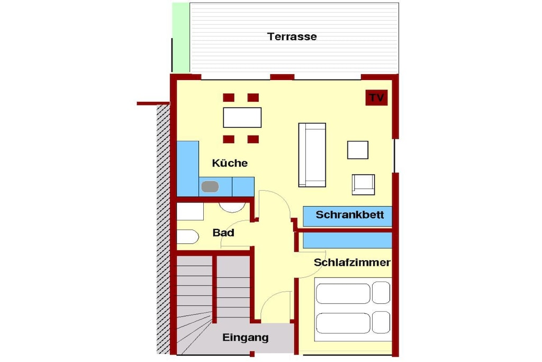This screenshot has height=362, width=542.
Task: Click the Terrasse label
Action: [292, 37]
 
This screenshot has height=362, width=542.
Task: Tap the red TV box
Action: [376, 98]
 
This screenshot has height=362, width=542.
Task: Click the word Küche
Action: [230, 163]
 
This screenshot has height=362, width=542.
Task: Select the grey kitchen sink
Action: [210, 187]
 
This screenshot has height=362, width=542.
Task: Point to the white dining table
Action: [242, 118]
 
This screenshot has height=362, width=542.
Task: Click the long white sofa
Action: [312, 155]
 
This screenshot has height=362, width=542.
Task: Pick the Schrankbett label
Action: [350, 215]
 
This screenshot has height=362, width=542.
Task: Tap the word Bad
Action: [223, 233]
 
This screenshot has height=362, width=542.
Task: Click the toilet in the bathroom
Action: [188, 237]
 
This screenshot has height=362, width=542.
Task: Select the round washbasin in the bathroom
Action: [232, 207]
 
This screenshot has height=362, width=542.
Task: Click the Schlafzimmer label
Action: [352, 262]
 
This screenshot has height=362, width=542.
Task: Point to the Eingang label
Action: [246, 338]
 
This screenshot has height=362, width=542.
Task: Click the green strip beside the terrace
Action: [181, 38]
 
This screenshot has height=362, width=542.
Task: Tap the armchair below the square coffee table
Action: [363, 184]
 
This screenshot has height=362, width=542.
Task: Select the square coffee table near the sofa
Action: [358, 150]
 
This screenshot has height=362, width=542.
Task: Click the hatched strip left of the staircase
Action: [163, 229]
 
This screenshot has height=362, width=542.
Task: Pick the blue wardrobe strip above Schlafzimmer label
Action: [347, 240]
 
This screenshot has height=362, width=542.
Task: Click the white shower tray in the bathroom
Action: [190, 211]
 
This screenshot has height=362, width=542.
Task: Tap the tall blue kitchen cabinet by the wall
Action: [188, 169]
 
